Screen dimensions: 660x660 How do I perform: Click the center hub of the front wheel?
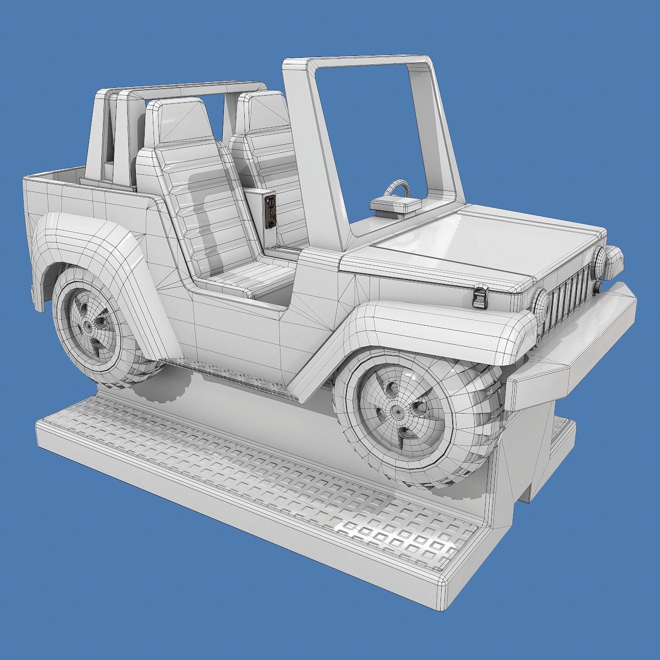[395, 409]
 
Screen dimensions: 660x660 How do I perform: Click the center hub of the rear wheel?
[88, 326]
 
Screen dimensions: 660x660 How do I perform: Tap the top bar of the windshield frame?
[358, 62]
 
